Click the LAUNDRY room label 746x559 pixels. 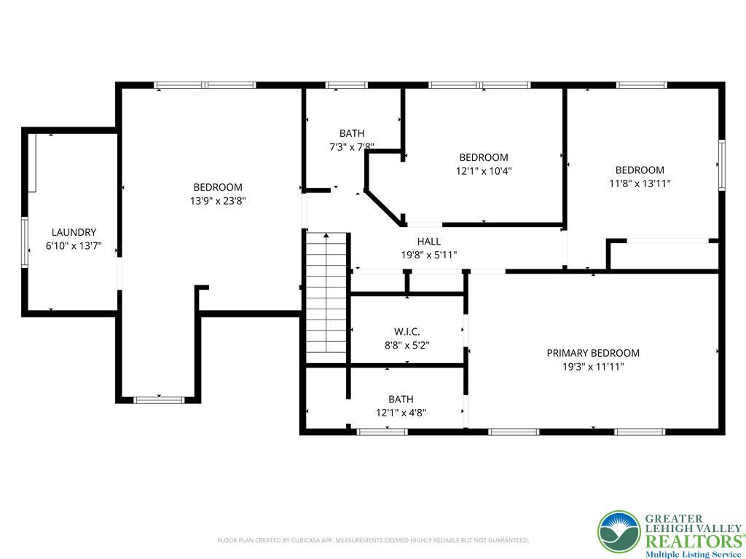(x=74, y=232)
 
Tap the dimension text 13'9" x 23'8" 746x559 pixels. (x=218, y=201)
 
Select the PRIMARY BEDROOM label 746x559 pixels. (x=593, y=353)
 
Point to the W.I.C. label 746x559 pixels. (x=407, y=332)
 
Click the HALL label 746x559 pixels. (x=428, y=242)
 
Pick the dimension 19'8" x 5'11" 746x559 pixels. (x=429, y=255)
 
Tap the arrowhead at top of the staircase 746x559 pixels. (x=326, y=235)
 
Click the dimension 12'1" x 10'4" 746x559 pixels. (x=484, y=170)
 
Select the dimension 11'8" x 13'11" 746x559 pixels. (x=640, y=183)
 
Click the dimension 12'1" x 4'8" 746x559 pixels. (x=401, y=413)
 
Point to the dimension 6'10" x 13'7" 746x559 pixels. (x=74, y=246)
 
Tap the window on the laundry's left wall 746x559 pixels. (x=25, y=242)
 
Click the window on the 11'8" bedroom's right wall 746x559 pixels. (x=722, y=165)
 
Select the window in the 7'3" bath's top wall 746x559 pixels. (x=346, y=86)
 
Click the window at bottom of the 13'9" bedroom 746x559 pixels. (x=159, y=400)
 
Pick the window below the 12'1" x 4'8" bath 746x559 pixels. (x=382, y=432)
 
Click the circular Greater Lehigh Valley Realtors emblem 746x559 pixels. (x=619, y=531)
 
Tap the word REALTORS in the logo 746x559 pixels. (x=694, y=542)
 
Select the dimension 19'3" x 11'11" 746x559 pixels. (x=593, y=367)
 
